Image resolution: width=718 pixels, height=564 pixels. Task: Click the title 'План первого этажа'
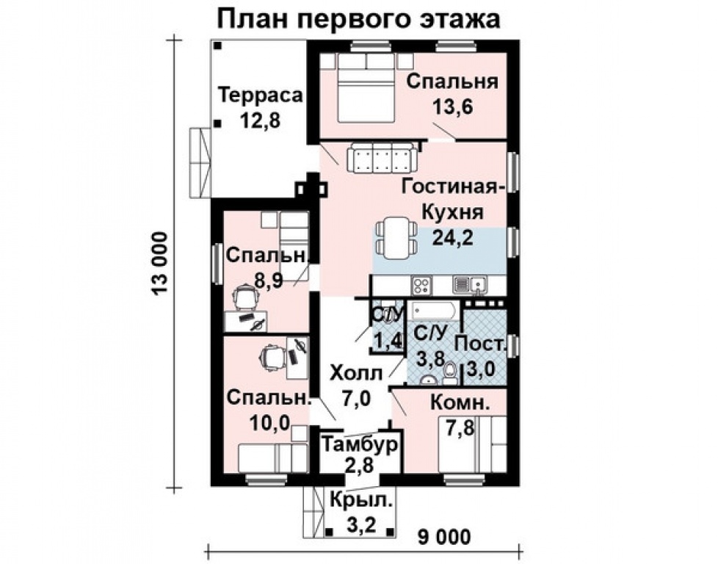pos(359,19)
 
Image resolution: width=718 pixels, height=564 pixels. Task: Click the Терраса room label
pos(261,96)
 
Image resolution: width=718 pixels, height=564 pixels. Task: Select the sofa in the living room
pos(380,157)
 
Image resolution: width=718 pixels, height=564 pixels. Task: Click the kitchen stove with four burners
pos(423,285)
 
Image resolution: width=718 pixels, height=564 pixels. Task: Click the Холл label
pos(356,373)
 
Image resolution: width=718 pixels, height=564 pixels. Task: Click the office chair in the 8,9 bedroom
pos(244,297)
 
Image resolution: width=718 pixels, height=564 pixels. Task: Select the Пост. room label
pos(481,344)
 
